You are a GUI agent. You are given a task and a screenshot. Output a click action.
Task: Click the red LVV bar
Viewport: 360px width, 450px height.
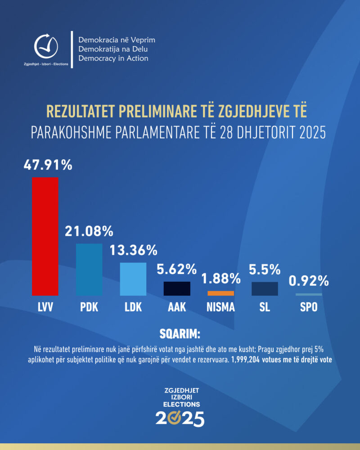tap(45, 236)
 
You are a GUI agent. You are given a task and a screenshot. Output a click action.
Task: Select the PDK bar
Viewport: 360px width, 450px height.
tap(89, 270)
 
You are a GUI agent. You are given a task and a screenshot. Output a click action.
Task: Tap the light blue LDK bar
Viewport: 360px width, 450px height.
tap(133, 279)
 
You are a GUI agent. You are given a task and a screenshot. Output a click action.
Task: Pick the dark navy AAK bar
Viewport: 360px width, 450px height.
tap(177, 288)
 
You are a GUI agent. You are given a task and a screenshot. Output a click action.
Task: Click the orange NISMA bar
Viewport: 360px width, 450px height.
tap(220, 293)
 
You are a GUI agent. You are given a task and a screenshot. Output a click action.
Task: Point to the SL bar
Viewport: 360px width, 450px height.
tap(265, 288)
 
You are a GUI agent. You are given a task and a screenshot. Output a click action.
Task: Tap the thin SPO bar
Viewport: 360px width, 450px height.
tap(309, 294)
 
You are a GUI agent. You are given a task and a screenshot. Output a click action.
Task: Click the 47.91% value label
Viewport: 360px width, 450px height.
tap(48, 165)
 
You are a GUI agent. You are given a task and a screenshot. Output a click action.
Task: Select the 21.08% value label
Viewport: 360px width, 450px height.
tap(89, 232)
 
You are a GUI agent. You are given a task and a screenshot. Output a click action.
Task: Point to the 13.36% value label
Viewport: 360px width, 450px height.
tap(133, 250)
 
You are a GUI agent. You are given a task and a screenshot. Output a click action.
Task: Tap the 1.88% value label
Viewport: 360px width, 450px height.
tap(220, 279)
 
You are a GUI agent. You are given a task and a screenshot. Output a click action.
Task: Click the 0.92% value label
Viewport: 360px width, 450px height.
tap(309, 281)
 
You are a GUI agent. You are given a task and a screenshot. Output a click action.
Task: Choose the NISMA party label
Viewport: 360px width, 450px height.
tap(220, 308)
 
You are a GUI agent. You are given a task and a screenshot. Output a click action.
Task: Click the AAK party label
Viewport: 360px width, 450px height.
tap(177, 308)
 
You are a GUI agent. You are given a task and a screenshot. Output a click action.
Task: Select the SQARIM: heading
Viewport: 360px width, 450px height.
tap(180, 334)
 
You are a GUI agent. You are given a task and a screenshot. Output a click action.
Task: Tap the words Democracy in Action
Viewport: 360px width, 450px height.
tap(113, 58)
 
